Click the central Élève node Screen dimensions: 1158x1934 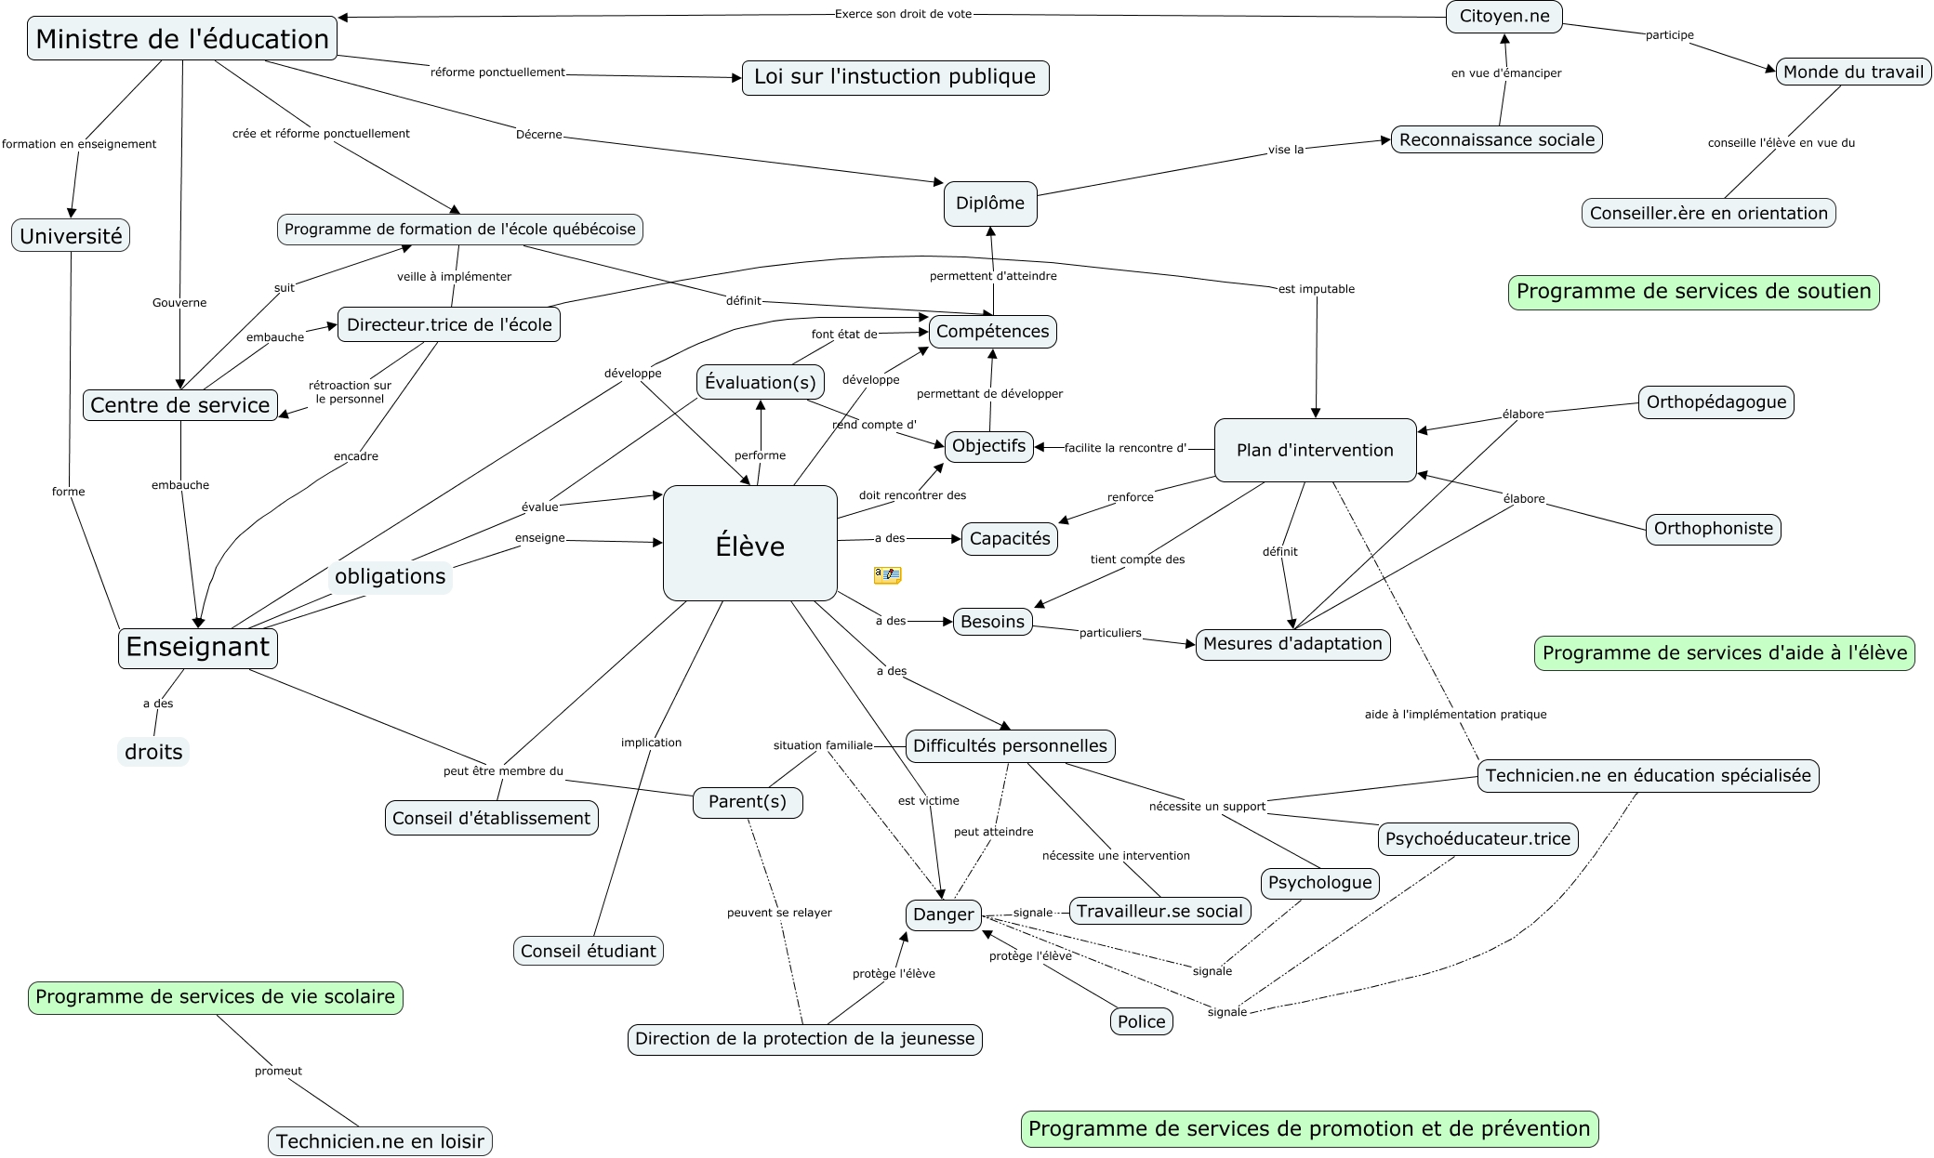[749, 544]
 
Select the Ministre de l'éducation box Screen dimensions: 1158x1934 [182, 39]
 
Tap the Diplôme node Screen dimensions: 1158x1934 [990, 204]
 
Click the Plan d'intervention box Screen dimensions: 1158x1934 [1315, 451]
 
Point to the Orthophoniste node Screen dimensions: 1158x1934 [1713, 529]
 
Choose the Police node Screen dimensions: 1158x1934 [1141, 1021]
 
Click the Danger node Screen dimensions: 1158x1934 [943, 915]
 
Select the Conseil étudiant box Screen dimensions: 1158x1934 [588, 951]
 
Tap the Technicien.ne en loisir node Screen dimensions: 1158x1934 [379, 1141]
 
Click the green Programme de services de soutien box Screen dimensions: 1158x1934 [1693, 292]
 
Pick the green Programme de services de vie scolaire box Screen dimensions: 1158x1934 [215, 997]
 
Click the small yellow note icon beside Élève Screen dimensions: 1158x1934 [887, 575]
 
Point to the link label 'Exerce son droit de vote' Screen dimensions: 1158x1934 [903, 14]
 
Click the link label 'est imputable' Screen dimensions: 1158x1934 [1316, 289]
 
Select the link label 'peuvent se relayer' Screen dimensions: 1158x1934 [779, 913]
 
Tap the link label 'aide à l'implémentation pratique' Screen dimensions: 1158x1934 [1455, 715]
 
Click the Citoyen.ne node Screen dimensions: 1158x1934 [1503, 17]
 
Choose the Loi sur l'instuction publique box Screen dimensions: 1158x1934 [894, 77]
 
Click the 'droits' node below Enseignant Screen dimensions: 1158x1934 [153, 752]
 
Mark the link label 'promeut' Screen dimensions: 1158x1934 [278, 1072]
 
